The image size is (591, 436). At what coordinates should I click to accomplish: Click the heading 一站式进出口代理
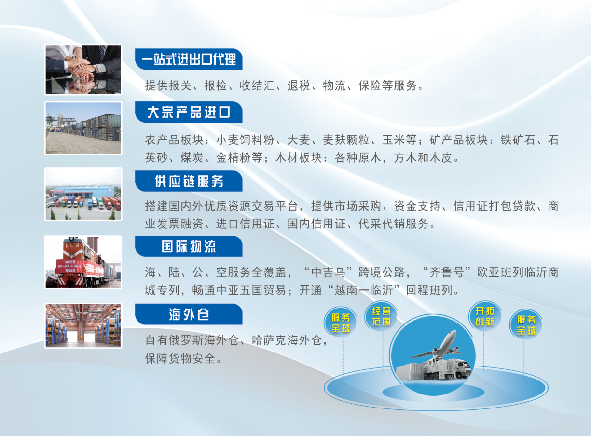pyautogui.click(x=189, y=59)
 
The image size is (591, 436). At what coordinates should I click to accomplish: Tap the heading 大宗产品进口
pyautogui.click(x=189, y=112)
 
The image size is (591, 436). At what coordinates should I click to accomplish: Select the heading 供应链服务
pyautogui.click(x=189, y=181)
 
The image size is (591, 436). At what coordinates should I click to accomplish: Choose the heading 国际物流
pyautogui.click(x=189, y=246)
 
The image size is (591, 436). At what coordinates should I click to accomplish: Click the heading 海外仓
pyautogui.click(x=189, y=314)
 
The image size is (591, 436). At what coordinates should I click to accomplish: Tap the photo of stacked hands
pyautogui.click(x=83, y=70)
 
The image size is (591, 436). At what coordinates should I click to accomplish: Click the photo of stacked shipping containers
pyautogui.click(x=83, y=128)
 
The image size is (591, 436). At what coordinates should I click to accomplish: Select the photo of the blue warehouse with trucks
pyautogui.click(x=83, y=194)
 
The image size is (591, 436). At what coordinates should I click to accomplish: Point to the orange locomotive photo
pyautogui.click(x=83, y=262)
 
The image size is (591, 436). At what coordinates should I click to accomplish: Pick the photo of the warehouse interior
pyautogui.click(x=83, y=325)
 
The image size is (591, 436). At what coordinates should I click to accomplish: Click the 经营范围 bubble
pyautogui.click(x=381, y=316)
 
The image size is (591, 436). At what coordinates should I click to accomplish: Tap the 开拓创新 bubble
pyautogui.click(x=485, y=316)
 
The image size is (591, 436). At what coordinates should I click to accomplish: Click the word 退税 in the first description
pyautogui.click(x=299, y=85)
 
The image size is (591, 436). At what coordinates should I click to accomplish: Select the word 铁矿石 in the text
pyautogui.click(x=518, y=140)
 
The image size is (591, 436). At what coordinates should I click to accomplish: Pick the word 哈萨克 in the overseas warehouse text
pyautogui.click(x=269, y=340)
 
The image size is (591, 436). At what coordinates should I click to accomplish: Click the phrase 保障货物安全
pyautogui.click(x=180, y=358)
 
